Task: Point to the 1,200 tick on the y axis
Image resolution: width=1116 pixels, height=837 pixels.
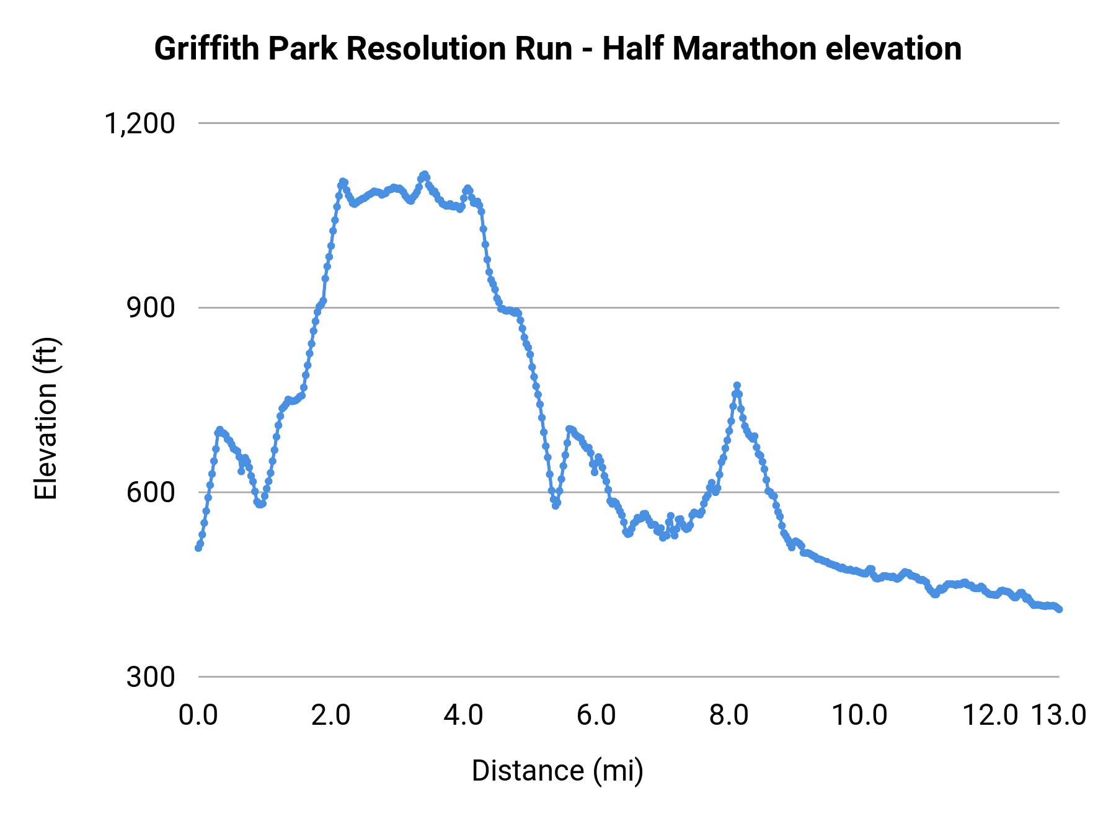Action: point(139,124)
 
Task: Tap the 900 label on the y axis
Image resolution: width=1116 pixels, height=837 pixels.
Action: point(151,308)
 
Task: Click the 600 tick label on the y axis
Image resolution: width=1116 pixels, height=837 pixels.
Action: point(151,493)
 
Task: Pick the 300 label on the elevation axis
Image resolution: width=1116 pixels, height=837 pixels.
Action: point(151,678)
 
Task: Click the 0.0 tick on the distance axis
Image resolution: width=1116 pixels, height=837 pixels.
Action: point(198,715)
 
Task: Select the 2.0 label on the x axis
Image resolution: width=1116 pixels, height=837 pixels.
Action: point(331,715)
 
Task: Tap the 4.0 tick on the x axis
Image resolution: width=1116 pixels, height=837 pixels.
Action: point(464,715)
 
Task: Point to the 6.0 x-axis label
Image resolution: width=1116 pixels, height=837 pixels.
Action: point(596,715)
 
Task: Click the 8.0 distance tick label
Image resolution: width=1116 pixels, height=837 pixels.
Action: point(729,715)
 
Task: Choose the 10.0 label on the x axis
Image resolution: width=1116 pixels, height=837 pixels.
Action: point(859,715)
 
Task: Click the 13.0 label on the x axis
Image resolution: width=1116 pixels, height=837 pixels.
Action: point(1058,715)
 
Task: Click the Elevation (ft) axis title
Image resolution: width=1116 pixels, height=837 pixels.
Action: point(46,418)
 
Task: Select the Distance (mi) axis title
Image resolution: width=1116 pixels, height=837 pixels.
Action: point(557,771)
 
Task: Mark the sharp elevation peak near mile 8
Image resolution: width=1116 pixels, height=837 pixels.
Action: point(737,386)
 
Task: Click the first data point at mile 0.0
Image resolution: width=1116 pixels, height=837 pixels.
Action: point(198,548)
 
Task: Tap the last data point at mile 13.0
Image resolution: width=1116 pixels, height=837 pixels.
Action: point(1060,609)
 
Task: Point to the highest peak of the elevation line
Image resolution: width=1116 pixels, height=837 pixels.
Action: point(425,174)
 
